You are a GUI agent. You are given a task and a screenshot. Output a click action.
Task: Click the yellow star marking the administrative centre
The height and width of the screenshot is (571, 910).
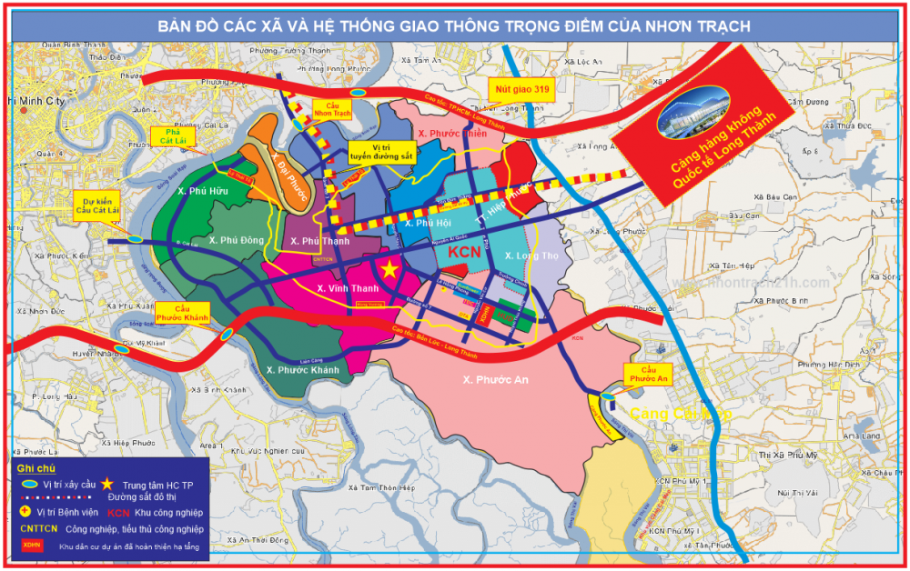tap(389, 269)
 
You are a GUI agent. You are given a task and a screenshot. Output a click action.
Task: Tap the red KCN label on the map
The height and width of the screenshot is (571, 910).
tap(465, 251)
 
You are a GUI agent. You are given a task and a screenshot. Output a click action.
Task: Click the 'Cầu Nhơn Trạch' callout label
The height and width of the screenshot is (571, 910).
tap(331, 109)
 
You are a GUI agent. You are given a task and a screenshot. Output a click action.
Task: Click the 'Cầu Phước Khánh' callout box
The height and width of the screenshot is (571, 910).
tap(183, 313)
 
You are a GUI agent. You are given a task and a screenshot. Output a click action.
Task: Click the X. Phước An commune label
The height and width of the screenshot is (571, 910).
tap(494, 379)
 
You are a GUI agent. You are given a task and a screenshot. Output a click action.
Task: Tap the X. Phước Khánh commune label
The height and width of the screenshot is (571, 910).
tap(302, 370)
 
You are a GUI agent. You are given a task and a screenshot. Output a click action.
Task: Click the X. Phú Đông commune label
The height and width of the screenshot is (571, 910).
tap(235, 240)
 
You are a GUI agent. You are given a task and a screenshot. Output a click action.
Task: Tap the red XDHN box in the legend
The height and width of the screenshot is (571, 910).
tap(33, 546)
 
